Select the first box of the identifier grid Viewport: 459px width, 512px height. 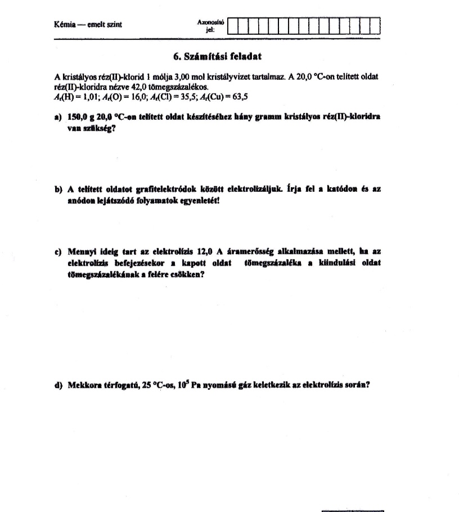pos(235,26)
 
